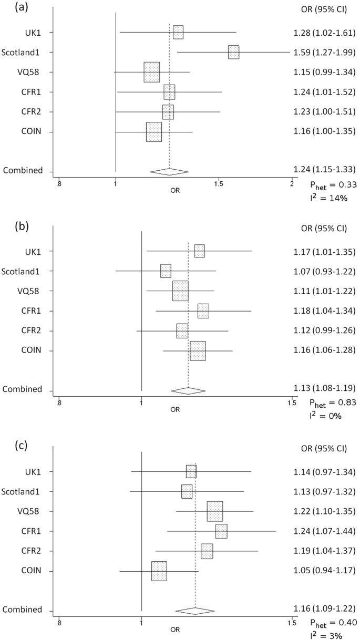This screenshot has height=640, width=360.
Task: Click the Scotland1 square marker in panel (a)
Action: tap(233, 52)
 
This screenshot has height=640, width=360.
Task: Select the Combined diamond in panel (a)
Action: tap(169, 171)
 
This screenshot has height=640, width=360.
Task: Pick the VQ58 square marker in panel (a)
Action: tap(152, 72)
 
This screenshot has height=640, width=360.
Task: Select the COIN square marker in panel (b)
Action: tap(198, 350)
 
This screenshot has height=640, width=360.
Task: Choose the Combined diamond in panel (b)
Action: tap(188, 391)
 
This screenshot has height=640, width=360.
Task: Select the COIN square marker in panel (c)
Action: tap(159, 571)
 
